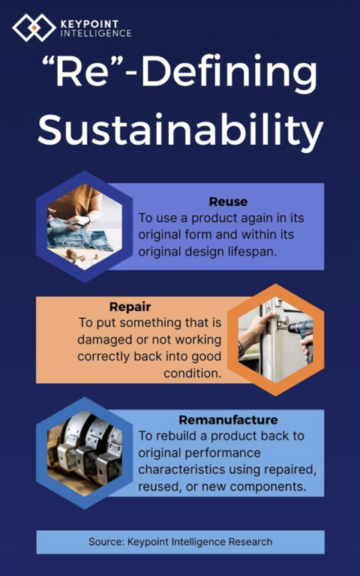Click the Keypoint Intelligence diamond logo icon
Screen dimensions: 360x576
click(34, 28)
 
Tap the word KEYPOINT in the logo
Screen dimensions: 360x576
click(90, 24)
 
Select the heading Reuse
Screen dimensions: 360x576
click(228, 201)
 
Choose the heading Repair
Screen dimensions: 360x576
click(130, 306)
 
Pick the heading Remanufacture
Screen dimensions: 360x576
click(228, 419)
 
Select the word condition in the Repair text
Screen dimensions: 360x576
click(193, 373)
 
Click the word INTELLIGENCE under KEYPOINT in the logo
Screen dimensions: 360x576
click(96, 34)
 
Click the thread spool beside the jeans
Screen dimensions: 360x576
click(72, 253)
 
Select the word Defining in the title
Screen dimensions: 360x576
click(229, 73)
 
